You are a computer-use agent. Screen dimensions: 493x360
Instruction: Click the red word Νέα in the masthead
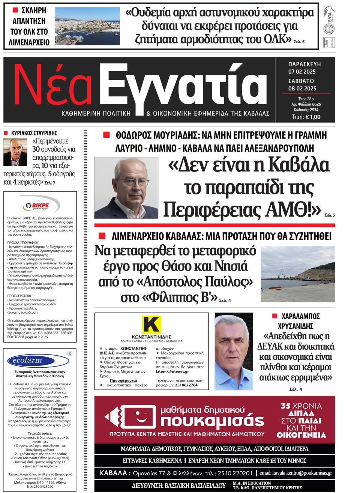point(52,86)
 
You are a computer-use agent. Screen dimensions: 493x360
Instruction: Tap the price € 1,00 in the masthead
point(313,117)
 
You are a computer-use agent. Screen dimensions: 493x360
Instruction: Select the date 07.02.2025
point(302,72)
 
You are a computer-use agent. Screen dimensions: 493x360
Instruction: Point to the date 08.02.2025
point(302,89)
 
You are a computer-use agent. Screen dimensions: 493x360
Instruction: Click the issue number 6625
point(316,104)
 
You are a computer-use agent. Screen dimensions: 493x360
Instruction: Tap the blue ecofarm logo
point(27,361)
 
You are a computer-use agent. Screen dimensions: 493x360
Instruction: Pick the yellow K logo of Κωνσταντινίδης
point(151,324)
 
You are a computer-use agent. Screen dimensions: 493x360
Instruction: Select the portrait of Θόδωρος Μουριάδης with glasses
point(126,188)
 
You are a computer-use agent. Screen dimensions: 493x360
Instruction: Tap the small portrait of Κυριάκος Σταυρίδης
point(15,152)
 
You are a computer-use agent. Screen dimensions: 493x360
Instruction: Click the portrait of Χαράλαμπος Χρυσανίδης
point(234,352)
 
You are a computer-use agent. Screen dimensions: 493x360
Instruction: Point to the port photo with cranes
point(298,274)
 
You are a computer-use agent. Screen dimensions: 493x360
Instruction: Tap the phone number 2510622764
point(186,385)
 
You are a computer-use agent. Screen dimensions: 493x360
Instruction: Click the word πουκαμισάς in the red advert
point(212,421)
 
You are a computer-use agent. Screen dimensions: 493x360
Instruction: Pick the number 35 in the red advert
point(286,406)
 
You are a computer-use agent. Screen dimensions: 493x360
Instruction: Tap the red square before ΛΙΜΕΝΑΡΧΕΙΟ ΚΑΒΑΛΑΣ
point(102,236)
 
